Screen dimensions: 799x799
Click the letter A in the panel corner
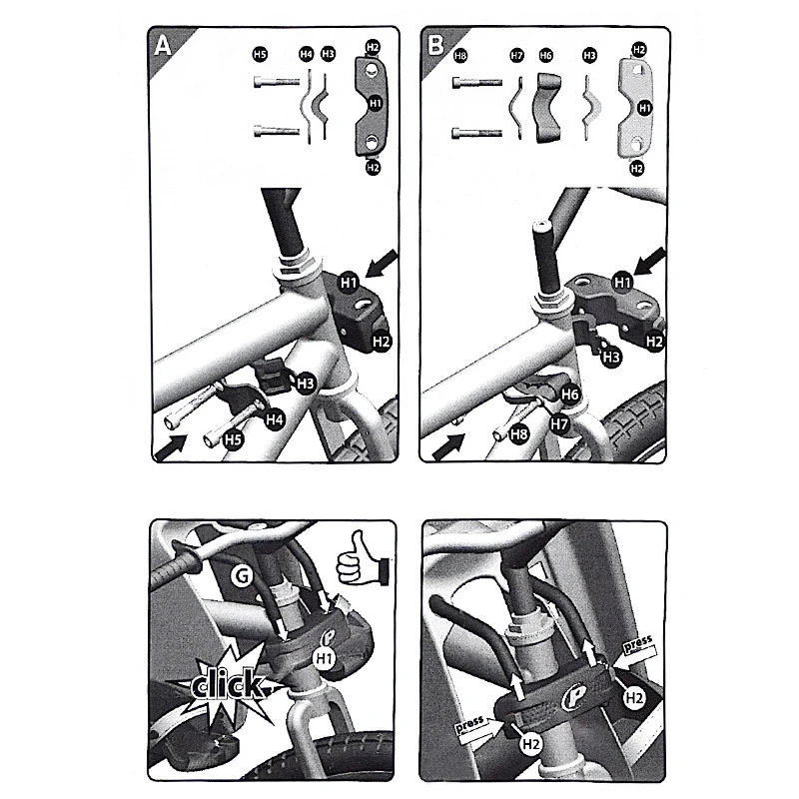coord(163,46)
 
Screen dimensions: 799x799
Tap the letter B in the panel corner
coord(435,44)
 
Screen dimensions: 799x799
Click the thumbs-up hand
coord(362,559)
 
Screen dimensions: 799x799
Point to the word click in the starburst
coord(228,684)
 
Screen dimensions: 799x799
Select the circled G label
coord(241,576)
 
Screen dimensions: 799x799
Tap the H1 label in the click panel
coord(324,659)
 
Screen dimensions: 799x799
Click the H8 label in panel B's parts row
coord(460,56)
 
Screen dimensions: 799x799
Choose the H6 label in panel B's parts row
coord(545,56)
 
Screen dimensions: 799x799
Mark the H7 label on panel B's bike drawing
coord(559,423)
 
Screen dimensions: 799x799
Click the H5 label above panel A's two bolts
coord(260,54)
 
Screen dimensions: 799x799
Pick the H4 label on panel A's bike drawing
coord(275,419)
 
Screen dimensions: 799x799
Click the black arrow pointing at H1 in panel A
coord(382,264)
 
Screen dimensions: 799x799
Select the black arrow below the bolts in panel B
coord(448,446)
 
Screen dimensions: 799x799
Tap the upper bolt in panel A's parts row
coord(277,82)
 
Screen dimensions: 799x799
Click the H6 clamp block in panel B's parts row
coord(546,109)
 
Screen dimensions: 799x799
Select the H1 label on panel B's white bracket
coord(644,108)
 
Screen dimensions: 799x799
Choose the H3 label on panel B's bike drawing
coord(611,358)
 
